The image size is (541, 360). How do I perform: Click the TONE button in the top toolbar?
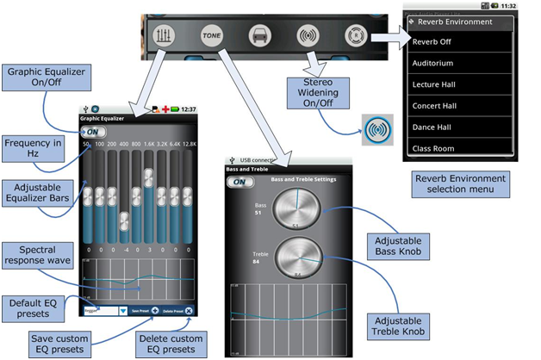(x=210, y=37)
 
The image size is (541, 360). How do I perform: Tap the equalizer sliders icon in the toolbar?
(x=164, y=37)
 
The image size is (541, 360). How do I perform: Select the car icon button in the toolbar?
(x=258, y=37)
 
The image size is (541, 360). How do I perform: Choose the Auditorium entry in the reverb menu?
(x=459, y=63)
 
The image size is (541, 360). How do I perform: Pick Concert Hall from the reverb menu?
(x=459, y=106)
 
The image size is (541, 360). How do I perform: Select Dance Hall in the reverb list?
(x=459, y=127)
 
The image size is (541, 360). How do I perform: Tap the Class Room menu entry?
(x=459, y=148)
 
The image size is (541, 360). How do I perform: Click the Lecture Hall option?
(x=459, y=84)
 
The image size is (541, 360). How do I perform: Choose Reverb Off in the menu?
(x=459, y=41)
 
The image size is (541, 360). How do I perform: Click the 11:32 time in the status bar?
(x=507, y=6)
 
